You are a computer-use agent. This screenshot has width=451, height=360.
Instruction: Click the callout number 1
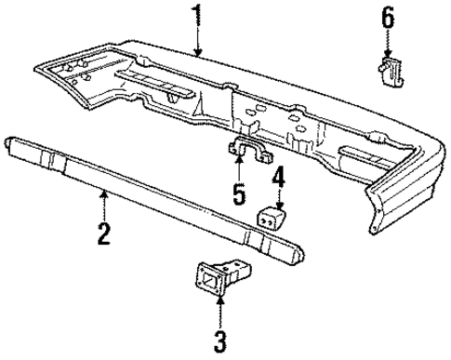pyautogui.click(x=196, y=16)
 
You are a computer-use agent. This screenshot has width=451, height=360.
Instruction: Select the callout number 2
pyautogui.click(x=105, y=230)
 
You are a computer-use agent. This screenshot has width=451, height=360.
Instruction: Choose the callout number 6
pyautogui.click(x=387, y=16)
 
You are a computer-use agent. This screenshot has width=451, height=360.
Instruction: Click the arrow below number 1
pyautogui.click(x=196, y=41)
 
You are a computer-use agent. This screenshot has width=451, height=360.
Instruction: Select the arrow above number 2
pyautogui.click(x=105, y=200)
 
